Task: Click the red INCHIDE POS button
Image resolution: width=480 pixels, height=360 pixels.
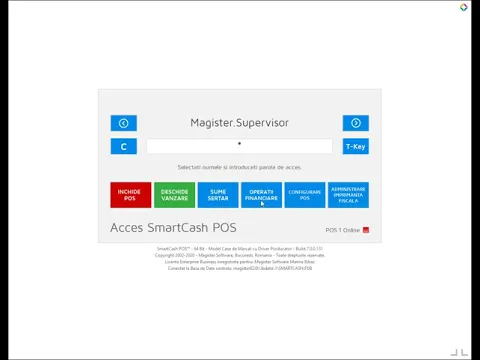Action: pyautogui.click(x=131, y=195)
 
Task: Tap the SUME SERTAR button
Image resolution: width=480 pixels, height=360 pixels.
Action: pyautogui.click(x=218, y=195)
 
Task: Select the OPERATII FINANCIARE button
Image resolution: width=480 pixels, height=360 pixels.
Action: pyautogui.click(x=262, y=195)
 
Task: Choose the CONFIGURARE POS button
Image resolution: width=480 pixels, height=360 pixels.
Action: pyautogui.click(x=305, y=195)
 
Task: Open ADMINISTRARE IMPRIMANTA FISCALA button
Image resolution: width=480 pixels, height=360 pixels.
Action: pyautogui.click(x=348, y=195)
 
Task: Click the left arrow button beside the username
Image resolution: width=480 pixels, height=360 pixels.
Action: pyautogui.click(x=123, y=123)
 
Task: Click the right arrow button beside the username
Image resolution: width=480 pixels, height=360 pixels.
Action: pyautogui.click(x=355, y=123)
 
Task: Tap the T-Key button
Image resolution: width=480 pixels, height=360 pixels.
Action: pyautogui.click(x=355, y=146)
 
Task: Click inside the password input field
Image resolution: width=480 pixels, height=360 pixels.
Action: pyautogui.click(x=239, y=146)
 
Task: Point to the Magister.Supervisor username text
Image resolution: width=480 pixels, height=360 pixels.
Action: pyautogui.click(x=239, y=123)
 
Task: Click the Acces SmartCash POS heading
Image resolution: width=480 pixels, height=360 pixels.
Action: pyautogui.click(x=173, y=228)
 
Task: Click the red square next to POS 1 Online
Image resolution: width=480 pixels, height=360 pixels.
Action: pyautogui.click(x=366, y=230)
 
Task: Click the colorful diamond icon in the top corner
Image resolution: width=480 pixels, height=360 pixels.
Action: pyautogui.click(x=463, y=7)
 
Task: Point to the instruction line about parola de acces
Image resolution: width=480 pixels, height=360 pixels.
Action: pyautogui.click(x=239, y=167)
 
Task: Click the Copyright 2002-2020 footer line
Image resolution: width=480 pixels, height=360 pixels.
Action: pyautogui.click(x=239, y=255)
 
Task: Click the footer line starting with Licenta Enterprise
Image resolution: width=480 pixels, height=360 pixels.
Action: pyautogui.click(x=239, y=261)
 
